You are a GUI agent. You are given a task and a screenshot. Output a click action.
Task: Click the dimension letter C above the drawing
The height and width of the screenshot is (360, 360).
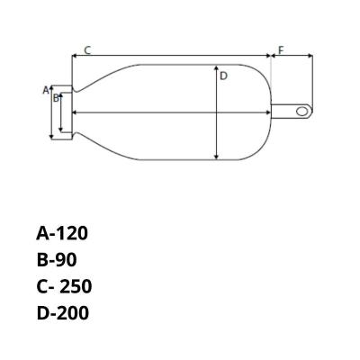point(86,49)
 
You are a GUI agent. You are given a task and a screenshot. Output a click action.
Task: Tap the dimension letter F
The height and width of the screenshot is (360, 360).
point(280,49)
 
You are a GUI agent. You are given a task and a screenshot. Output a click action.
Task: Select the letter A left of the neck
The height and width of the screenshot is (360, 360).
point(45,90)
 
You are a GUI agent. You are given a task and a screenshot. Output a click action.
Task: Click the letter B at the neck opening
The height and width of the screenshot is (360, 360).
point(55,97)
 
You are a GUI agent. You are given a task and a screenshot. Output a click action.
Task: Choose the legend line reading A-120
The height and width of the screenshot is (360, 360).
point(63,234)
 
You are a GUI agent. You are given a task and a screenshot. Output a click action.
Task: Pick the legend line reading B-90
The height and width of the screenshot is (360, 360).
point(58,260)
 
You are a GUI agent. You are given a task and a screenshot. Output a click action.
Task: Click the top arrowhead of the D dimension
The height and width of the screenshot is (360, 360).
point(216,67)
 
